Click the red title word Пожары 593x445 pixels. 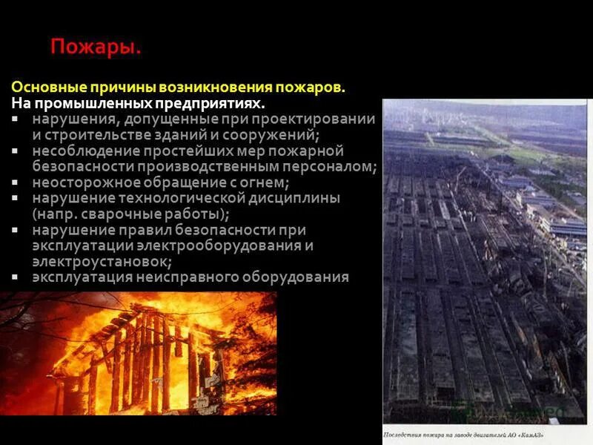pyautogui.click(x=96, y=48)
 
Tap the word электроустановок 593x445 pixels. pyautogui.click(x=101, y=261)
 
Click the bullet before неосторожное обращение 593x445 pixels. pyautogui.click(x=16, y=181)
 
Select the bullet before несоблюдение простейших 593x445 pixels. pyautogui.click(x=16, y=150)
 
